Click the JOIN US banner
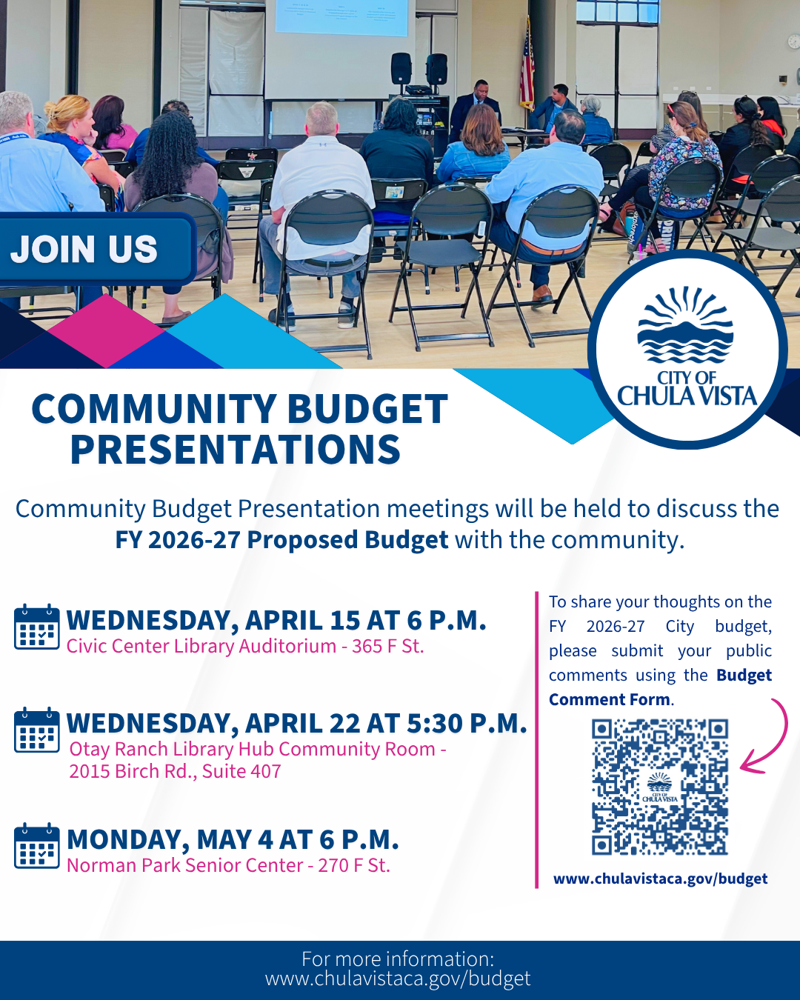click(96, 249)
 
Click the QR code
click(659, 787)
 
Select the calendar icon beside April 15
click(37, 627)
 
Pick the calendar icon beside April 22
click(37, 730)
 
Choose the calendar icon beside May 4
click(37, 846)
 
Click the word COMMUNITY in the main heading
click(154, 409)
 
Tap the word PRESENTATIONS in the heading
click(236, 450)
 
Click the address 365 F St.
click(387, 647)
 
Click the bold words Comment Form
click(610, 699)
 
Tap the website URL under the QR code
click(660, 879)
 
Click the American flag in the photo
click(527, 64)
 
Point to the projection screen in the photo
click(341, 18)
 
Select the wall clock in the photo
click(794, 41)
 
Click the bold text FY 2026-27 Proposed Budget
click(281, 540)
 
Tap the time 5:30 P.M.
click(467, 724)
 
